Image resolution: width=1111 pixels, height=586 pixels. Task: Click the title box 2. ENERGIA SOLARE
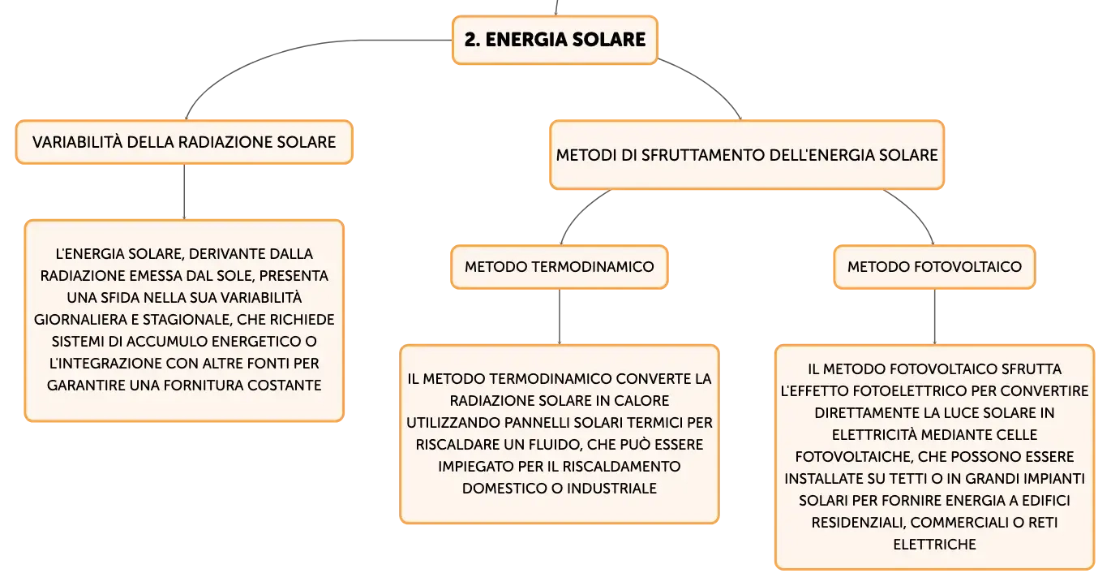555,40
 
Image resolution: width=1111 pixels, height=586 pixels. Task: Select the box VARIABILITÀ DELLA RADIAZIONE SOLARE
184,142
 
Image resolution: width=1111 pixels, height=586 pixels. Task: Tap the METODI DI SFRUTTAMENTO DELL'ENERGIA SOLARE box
747,155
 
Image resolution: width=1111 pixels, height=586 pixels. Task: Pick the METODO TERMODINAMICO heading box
560,267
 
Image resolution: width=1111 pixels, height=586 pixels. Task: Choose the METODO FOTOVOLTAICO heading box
934,267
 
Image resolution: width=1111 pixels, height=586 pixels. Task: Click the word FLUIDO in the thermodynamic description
551,445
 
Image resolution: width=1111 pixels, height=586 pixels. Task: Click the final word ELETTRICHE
934,545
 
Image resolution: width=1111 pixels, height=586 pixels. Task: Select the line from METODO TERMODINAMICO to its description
560,317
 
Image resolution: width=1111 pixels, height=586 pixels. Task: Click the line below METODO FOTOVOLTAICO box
934,317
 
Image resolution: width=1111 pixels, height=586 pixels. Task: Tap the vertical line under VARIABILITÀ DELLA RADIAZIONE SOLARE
184,192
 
